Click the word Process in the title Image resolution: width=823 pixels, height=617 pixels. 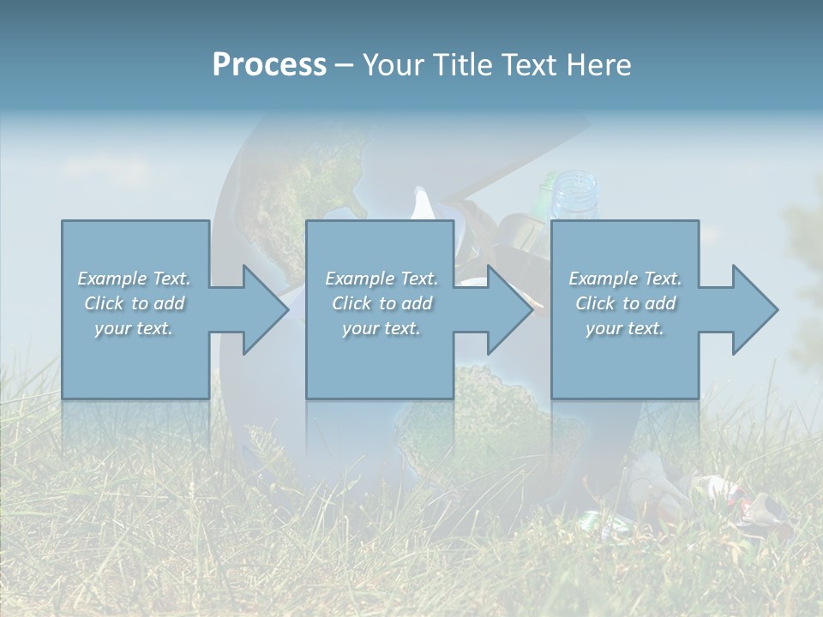269,65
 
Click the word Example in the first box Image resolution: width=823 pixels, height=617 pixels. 111,279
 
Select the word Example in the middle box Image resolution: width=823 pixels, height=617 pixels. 358,279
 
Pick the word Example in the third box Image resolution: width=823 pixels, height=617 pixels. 603,279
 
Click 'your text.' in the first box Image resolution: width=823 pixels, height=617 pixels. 134,328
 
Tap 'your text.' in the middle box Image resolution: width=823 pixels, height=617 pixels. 381,328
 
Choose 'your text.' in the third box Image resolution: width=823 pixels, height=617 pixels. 625,328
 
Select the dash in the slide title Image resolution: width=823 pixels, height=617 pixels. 344,65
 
